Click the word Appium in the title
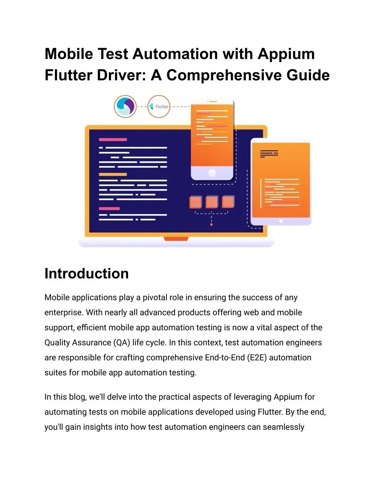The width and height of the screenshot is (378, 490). tap(286, 54)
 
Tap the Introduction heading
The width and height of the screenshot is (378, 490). tap(86, 274)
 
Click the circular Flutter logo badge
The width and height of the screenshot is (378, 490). tap(159, 107)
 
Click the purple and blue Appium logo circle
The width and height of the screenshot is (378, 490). tap(125, 107)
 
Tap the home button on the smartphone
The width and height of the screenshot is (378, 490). tap(212, 173)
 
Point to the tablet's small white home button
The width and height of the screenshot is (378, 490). tap(281, 221)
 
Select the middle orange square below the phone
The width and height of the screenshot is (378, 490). tap(212, 202)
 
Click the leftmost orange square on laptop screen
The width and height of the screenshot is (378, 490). tap(195, 202)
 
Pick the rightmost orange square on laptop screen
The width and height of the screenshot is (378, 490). tap(228, 202)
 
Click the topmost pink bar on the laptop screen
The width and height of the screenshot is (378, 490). tap(113, 139)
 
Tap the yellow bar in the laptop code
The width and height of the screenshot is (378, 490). tap(113, 174)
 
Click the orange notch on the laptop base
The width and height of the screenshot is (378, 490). tap(176, 239)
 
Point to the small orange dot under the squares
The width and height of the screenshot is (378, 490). tap(211, 224)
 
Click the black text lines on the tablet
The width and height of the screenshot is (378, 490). tap(269, 154)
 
